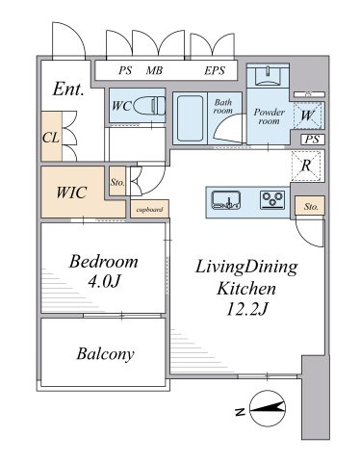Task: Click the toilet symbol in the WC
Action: (x=148, y=106)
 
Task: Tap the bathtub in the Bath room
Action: (x=190, y=118)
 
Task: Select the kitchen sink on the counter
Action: (x=226, y=200)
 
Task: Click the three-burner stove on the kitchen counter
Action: (x=272, y=199)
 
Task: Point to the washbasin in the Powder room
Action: (x=268, y=76)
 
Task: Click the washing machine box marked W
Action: (x=307, y=115)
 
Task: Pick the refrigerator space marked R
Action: (x=306, y=166)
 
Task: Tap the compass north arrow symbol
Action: (x=267, y=408)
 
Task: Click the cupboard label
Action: (x=150, y=210)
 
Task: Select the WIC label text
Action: (x=71, y=192)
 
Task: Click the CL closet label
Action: (x=51, y=138)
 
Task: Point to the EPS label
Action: (x=215, y=70)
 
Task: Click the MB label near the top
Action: (x=154, y=70)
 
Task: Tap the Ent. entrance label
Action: (x=68, y=89)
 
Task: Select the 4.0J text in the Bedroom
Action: (x=104, y=282)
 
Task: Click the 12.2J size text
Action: (x=246, y=309)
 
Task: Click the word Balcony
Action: (x=105, y=354)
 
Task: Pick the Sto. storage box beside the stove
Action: (x=310, y=206)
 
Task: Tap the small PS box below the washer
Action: (x=313, y=140)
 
